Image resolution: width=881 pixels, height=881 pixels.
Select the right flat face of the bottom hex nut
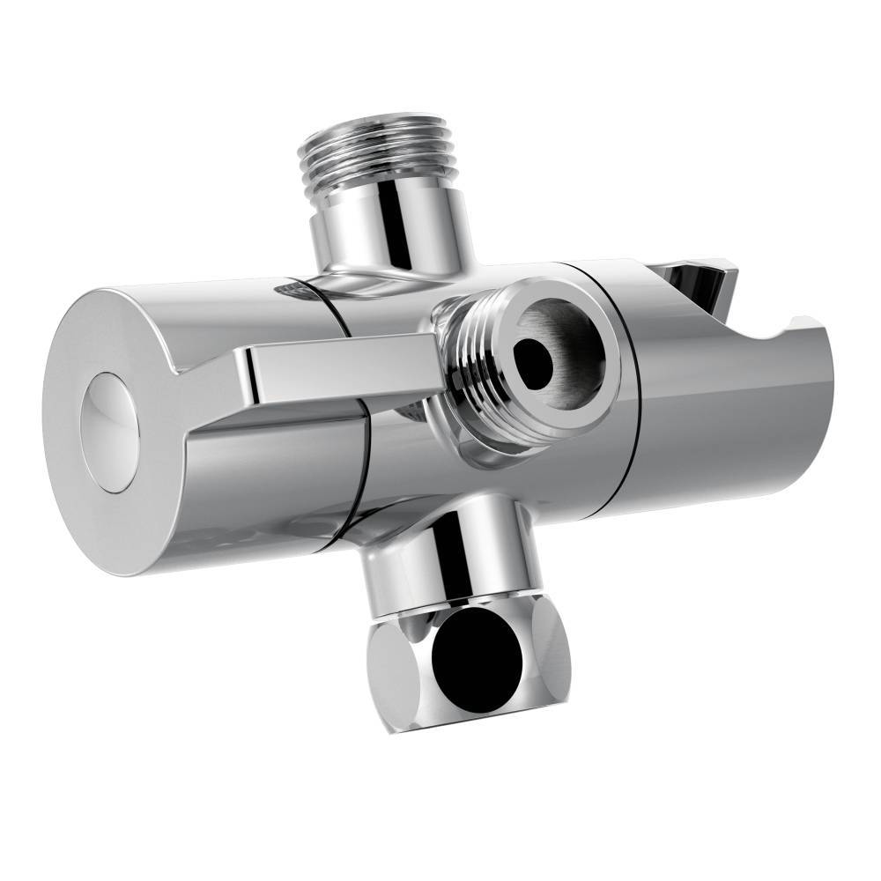(552, 656)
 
